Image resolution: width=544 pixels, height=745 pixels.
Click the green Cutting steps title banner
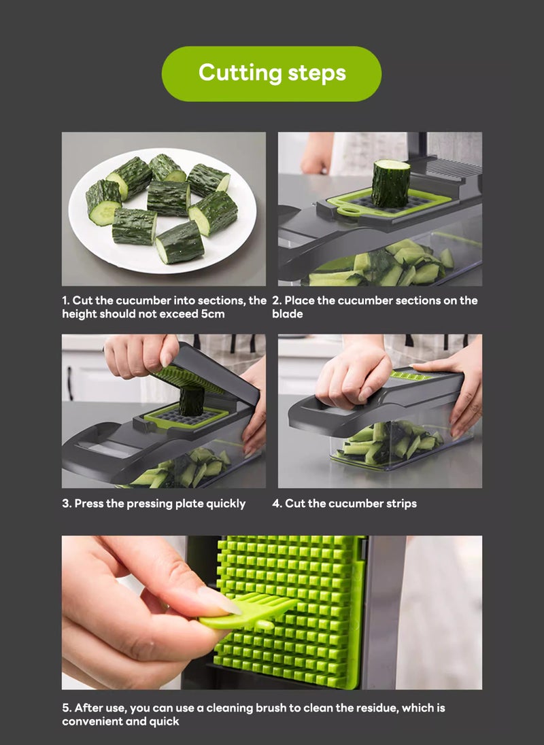tap(271, 73)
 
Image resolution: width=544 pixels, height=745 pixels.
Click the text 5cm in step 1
tap(212, 314)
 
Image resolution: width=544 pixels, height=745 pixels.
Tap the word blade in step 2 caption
tap(288, 314)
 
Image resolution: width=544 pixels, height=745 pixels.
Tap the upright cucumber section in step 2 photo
tap(391, 184)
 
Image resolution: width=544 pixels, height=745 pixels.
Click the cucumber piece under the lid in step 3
tap(191, 401)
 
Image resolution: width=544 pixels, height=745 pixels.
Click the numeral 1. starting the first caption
tap(66, 300)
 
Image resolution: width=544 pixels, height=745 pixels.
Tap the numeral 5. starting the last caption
tap(67, 708)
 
